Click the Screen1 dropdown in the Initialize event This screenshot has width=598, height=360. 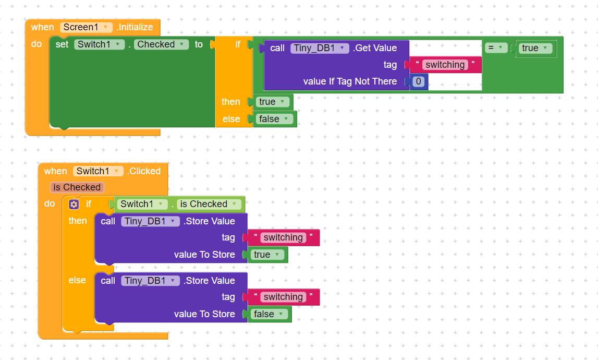point(87,27)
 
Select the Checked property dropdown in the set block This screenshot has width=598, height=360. point(161,44)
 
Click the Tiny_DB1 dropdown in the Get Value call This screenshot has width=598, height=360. point(320,48)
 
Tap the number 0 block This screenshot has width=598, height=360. point(418,81)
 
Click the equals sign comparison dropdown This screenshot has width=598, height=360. point(496,48)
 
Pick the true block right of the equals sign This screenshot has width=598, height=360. point(535,48)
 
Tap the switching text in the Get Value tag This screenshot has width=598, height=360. point(445,65)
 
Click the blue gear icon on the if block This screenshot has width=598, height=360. point(74,204)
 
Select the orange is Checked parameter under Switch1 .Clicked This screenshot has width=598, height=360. point(77,187)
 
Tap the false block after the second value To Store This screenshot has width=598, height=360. point(269,314)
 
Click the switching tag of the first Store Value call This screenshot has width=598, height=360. point(283,238)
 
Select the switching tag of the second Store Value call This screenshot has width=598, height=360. point(283,297)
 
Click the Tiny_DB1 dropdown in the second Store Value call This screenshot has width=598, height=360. point(150,281)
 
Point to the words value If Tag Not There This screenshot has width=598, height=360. point(350,81)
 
